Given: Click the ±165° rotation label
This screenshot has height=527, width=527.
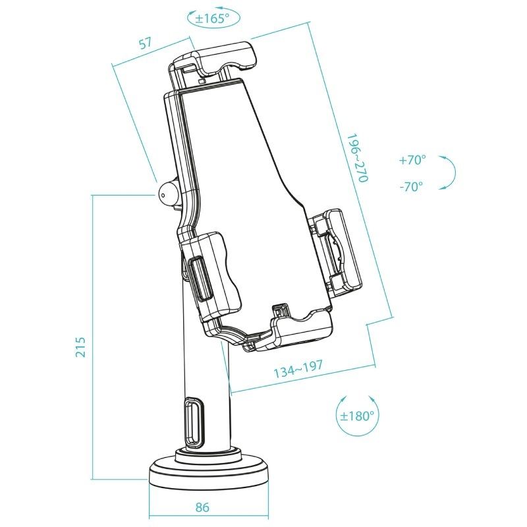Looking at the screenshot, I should click(213, 18).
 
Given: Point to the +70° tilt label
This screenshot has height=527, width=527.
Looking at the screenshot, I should click(412, 159).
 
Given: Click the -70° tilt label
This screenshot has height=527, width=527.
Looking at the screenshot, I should click(411, 186).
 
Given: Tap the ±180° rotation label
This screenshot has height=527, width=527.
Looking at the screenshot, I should click(357, 416).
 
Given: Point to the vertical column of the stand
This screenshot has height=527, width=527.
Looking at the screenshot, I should click(208, 382).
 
